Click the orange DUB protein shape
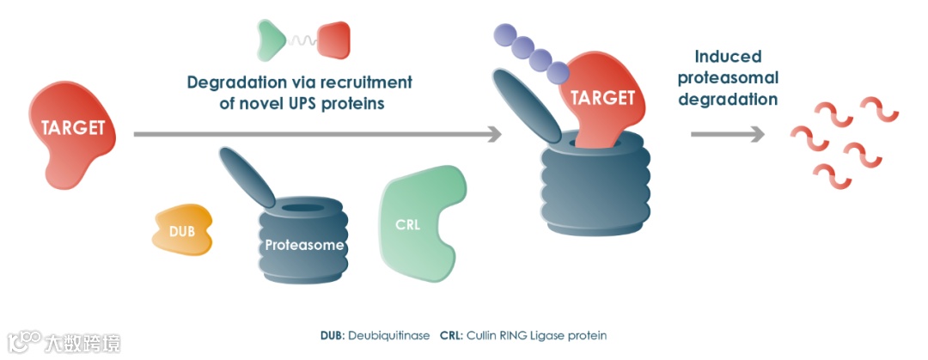(182, 229)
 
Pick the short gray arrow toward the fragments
(727, 134)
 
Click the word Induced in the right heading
(728, 57)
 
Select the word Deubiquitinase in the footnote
(388, 335)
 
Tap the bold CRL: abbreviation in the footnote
(451, 335)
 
